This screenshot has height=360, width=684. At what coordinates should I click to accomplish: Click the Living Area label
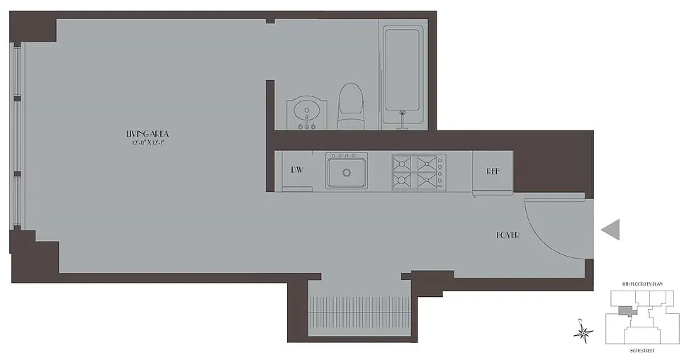tap(147, 134)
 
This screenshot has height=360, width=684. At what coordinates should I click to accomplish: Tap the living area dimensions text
tap(147, 142)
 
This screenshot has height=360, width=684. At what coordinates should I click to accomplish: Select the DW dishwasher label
tap(297, 171)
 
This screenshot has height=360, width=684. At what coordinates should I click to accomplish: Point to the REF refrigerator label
tap(494, 171)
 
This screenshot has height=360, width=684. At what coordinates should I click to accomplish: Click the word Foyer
tap(508, 235)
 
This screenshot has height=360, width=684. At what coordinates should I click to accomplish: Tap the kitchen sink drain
tap(347, 172)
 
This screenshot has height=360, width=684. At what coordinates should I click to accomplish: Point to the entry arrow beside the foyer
tap(610, 229)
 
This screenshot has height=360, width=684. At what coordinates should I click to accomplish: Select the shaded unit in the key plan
tap(624, 310)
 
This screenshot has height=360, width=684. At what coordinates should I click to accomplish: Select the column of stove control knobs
tap(440, 172)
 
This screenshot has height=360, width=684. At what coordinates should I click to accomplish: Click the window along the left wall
tap(18, 135)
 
